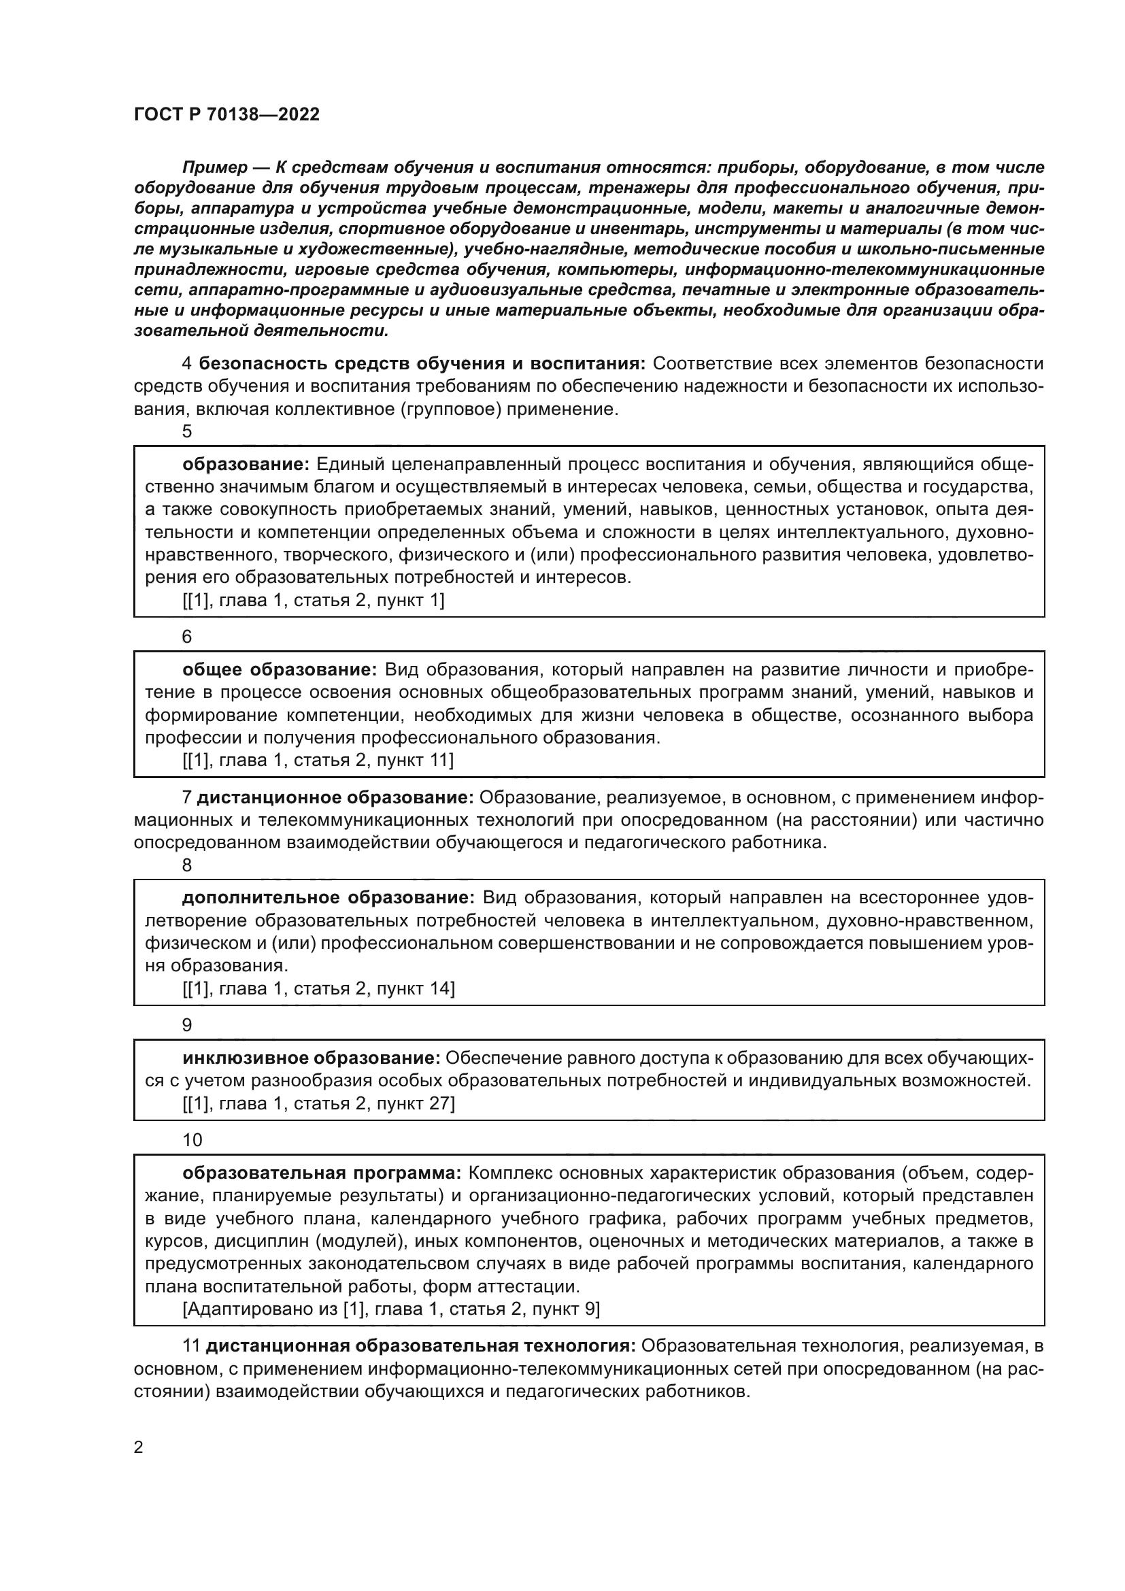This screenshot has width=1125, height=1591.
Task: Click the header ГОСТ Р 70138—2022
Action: click(x=226, y=115)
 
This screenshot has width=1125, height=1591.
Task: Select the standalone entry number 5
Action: click(x=187, y=432)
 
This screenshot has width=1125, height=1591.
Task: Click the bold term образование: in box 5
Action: click(x=246, y=465)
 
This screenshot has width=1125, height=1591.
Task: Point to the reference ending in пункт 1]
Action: click(x=313, y=600)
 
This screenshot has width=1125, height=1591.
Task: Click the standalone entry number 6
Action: click(x=187, y=636)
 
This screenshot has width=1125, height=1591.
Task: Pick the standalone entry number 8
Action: click(x=187, y=865)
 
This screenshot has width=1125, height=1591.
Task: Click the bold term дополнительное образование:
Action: click(x=328, y=898)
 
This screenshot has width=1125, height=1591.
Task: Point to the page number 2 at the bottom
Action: click(x=139, y=1447)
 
